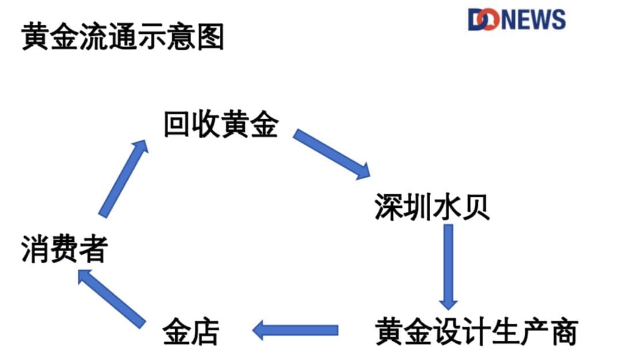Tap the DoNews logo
(517, 20)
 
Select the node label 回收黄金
(221, 125)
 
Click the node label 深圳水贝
(433, 207)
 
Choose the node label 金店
(191, 332)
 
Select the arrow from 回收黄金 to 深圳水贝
(332, 154)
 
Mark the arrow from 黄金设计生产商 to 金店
(295, 330)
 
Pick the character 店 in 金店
(206, 332)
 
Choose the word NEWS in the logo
(533, 20)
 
